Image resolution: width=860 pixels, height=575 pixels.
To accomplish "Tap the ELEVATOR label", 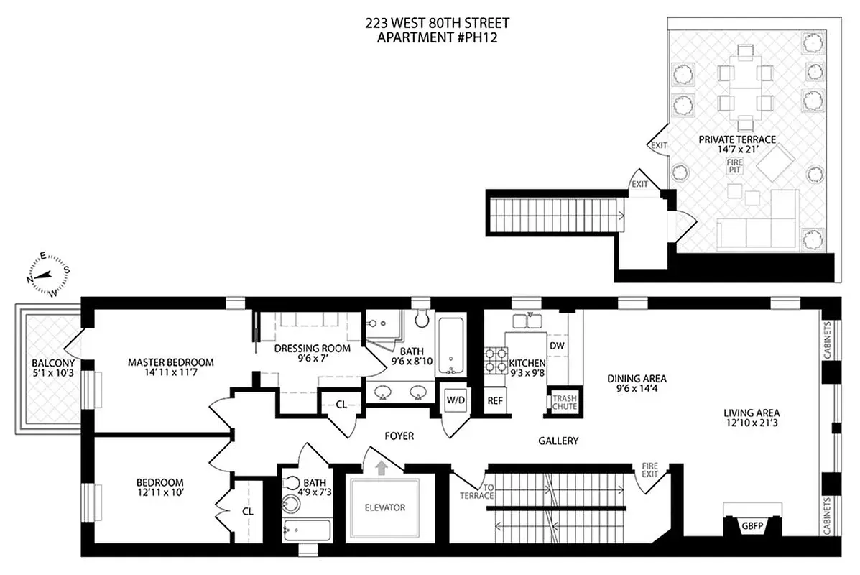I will pyautogui.click(x=384, y=507).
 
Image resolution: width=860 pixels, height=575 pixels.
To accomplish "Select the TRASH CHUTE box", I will pyautogui.click(x=560, y=402).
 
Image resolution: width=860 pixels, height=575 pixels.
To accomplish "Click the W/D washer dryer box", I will pyautogui.click(x=454, y=400).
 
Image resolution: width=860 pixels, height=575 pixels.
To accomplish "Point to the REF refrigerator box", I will pyautogui.click(x=494, y=401).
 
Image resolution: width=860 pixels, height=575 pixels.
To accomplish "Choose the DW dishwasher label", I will pyautogui.click(x=557, y=346).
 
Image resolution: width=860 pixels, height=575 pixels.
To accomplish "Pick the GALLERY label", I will pyautogui.click(x=558, y=441).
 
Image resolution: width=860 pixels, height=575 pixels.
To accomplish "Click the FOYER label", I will pyautogui.click(x=399, y=436).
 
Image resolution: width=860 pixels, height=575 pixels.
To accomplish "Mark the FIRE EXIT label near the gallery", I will pyautogui.click(x=649, y=471).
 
